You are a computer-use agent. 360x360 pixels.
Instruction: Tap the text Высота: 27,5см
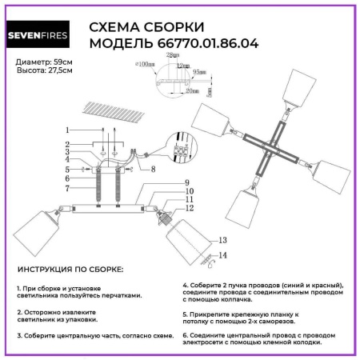pos(44,70)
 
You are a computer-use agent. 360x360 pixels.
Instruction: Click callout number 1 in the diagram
pos(68,130)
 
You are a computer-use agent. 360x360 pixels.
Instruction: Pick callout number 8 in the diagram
pos(152,170)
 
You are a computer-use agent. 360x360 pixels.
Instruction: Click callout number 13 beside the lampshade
pos(222,239)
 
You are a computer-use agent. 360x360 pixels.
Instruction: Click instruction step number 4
pos(185,286)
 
